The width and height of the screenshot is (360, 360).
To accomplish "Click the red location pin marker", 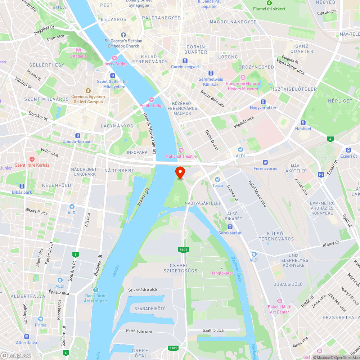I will point(180,172).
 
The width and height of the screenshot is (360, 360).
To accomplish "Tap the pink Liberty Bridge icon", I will point(114,58).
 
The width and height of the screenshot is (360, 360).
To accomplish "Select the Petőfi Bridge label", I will point(152,105).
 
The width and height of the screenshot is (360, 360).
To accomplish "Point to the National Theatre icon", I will point(181,150).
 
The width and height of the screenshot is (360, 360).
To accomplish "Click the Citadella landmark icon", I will point(78,50).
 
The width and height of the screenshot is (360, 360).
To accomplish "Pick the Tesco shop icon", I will point(217,179).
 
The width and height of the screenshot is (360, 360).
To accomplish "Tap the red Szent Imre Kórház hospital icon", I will point(32,159).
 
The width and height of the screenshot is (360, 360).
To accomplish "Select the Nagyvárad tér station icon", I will point(263,102).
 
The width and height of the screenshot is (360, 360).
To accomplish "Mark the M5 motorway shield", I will point(321,175).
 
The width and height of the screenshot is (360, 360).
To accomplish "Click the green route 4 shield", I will point(330,139).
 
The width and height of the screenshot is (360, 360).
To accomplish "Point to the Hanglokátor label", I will point(222,273).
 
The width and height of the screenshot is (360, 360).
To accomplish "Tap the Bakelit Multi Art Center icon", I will point(279,301).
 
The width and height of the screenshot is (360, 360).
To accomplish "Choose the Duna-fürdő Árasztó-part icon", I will point(95,290).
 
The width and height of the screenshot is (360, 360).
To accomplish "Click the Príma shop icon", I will point(40,319).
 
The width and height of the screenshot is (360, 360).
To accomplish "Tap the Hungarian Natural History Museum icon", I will point(243,77).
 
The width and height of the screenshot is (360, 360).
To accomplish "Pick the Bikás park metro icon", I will point(22,186).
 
